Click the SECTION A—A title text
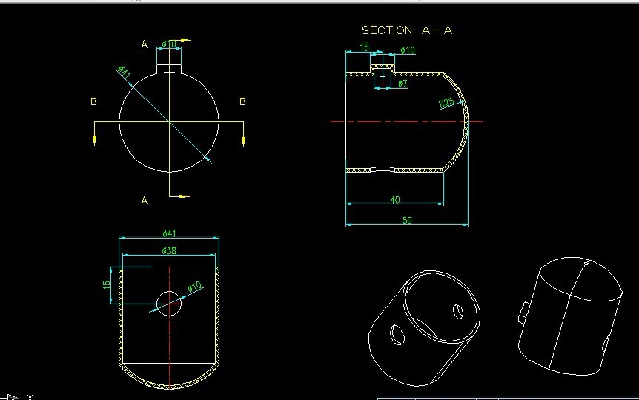tap(406, 30)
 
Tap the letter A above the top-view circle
tap(145, 44)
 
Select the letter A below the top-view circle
tap(145, 200)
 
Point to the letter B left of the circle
tap(93, 101)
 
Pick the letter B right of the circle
tap(242, 101)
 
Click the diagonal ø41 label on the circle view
tap(125, 72)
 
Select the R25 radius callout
tap(448, 102)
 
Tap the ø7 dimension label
tap(403, 84)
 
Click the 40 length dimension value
tap(394, 200)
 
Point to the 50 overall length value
tap(406, 220)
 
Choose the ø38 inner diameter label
tap(169, 250)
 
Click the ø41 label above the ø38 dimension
tap(169, 233)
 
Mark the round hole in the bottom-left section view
tap(169, 302)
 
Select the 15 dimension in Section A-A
tap(364, 48)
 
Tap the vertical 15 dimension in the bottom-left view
tap(107, 284)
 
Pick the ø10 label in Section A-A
tap(408, 50)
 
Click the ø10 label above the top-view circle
tap(169, 44)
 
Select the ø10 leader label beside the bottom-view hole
tap(194, 287)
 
